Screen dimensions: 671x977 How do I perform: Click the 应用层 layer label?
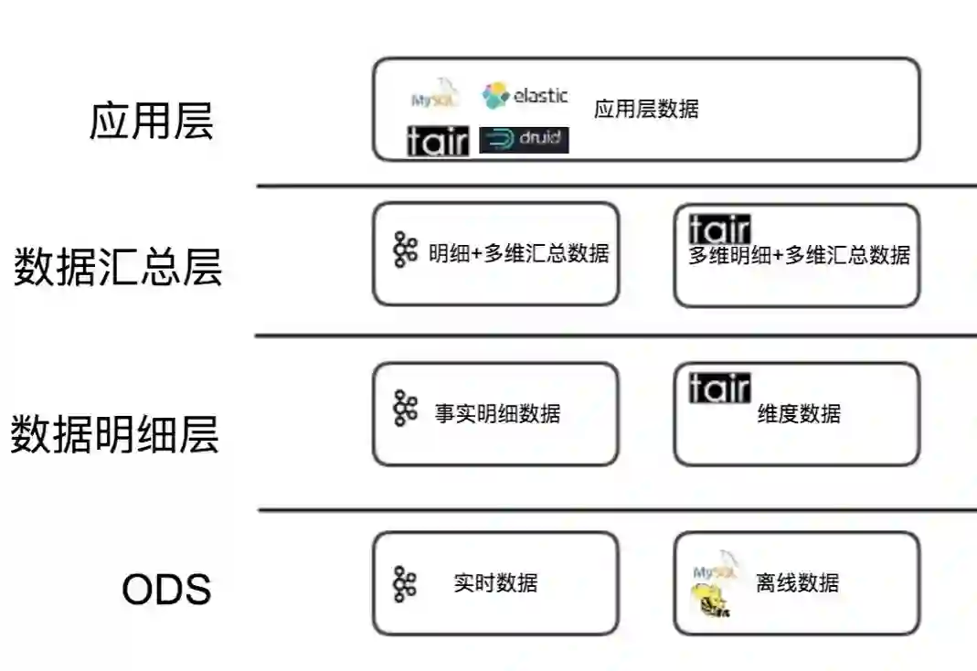pos(151,120)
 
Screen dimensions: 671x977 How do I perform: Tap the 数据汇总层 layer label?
pos(117,267)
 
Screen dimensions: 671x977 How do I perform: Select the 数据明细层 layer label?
pos(115,433)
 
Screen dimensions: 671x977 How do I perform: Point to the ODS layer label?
pos(166,590)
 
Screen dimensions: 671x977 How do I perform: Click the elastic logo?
pos(526,95)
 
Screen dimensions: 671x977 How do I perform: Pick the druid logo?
pos(524,140)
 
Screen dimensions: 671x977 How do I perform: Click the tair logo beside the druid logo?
pos(437,141)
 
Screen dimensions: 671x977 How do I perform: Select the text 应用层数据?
pos(646,110)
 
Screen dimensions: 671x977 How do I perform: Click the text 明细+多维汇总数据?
pos(518,253)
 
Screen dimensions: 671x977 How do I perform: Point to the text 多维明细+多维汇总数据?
pos(799,255)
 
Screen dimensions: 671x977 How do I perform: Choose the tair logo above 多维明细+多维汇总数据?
pos(719,229)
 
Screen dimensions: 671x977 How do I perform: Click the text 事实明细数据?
pos(497,413)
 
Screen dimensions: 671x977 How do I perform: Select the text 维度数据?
pos(799,413)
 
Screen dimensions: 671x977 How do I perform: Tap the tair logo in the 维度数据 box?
pos(719,388)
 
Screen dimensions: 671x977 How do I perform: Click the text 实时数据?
pos(495,582)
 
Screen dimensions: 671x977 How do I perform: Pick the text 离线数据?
pos(797,582)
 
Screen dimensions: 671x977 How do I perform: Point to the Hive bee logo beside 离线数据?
pos(709,602)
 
